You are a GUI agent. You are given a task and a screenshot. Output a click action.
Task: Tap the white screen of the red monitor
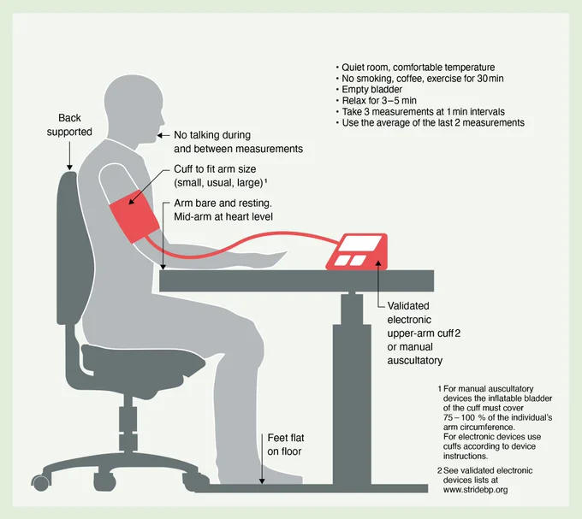tap(361, 244)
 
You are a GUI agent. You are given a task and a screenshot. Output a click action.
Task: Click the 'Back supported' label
tap(69, 125)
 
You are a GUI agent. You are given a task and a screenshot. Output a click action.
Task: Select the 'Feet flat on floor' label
tap(285, 445)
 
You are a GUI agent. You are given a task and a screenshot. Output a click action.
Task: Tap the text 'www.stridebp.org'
tap(475, 490)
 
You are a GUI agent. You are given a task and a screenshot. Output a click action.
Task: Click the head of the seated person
tap(134, 109)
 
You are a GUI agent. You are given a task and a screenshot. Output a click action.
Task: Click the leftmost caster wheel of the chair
tap(40, 483)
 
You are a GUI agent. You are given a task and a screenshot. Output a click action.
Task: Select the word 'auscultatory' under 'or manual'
tap(414, 360)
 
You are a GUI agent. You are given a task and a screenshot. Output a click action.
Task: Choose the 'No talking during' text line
tap(212, 135)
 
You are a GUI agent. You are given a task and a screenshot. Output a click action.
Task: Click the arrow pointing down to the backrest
tap(69, 156)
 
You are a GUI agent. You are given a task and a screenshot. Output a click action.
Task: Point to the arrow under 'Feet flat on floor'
tap(262, 458)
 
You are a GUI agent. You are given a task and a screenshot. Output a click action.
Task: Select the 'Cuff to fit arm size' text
tap(215, 169)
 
